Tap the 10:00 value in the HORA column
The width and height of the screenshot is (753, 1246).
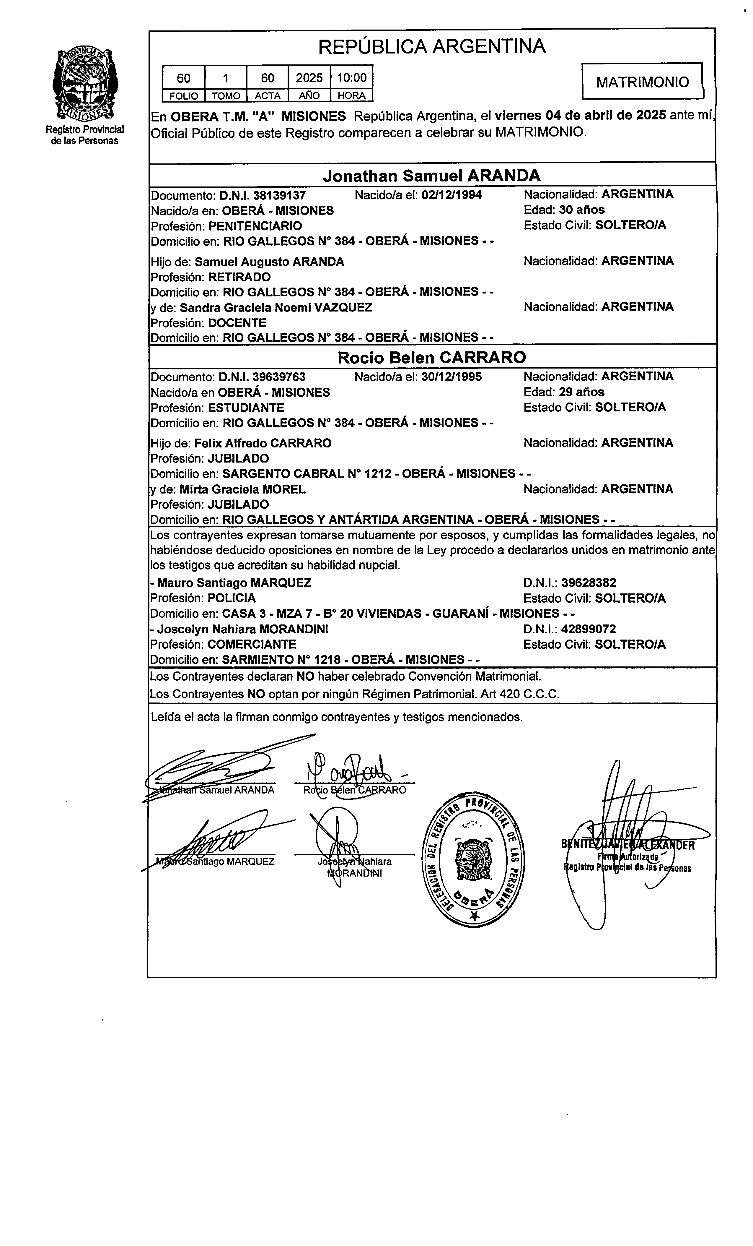(x=352, y=77)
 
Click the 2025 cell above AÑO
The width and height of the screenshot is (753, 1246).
(x=309, y=77)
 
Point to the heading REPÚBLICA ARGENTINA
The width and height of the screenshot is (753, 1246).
(x=432, y=46)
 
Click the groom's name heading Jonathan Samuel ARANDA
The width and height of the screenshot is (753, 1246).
(x=432, y=176)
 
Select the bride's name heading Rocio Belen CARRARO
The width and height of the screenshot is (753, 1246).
(x=432, y=358)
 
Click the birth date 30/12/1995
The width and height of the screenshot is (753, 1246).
(x=451, y=377)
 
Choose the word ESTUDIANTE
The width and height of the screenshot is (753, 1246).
(x=246, y=408)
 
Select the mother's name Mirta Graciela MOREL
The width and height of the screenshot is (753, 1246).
(x=242, y=489)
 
